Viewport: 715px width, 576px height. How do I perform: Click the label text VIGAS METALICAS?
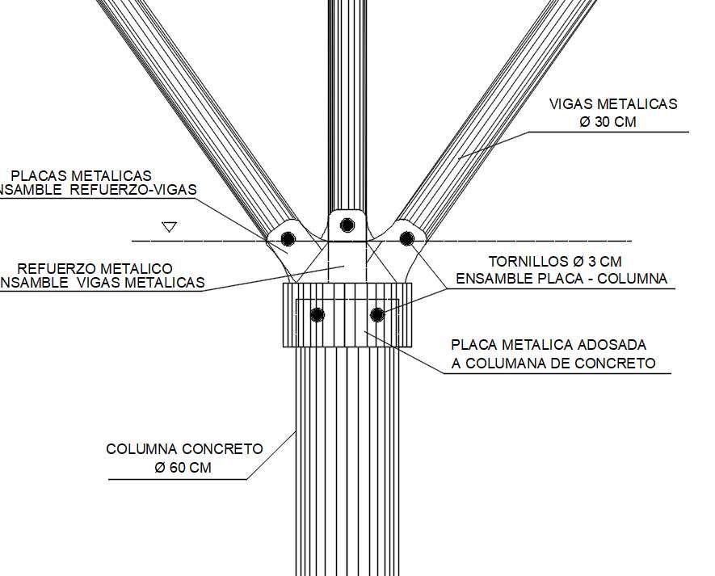pyautogui.click(x=612, y=103)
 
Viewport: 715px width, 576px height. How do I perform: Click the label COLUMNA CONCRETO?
pyautogui.click(x=184, y=449)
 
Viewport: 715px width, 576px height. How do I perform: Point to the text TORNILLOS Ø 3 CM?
pyautogui.click(x=554, y=262)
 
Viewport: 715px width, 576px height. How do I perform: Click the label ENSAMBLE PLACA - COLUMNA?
pyautogui.click(x=561, y=280)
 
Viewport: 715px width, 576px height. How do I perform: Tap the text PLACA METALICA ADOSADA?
pyautogui.click(x=549, y=345)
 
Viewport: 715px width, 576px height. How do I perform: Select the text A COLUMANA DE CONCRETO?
pyautogui.click(x=553, y=364)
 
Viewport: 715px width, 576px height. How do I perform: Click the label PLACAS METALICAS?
pyautogui.click(x=81, y=175)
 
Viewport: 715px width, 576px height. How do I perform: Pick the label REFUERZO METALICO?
pyautogui.click(x=95, y=268)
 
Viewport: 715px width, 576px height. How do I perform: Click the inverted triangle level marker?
pyautogui.click(x=169, y=227)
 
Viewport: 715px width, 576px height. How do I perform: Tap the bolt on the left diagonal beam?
pyautogui.click(x=288, y=239)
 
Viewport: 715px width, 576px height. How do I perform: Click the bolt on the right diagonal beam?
pyautogui.click(x=407, y=238)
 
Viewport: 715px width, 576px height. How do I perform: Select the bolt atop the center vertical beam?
pyautogui.click(x=347, y=225)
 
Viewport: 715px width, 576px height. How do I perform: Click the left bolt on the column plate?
pyautogui.click(x=318, y=313)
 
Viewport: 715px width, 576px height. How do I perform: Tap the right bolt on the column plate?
pyautogui.click(x=377, y=313)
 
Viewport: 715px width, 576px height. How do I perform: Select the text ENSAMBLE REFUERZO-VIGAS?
pyautogui.click(x=97, y=191)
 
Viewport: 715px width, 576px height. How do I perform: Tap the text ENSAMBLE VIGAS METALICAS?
pyautogui.click(x=100, y=283)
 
